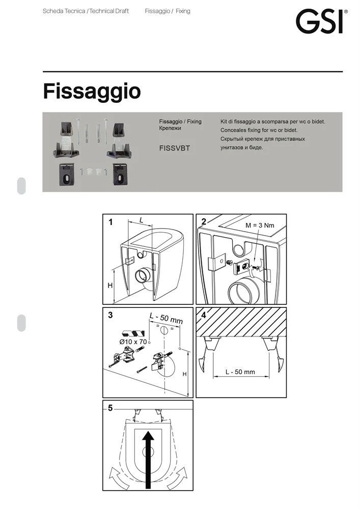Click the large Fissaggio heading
click(x=92, y=92)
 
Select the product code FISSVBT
click(x=174, y=148)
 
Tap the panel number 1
click(x=110, y=222)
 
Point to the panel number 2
click(x=204, y=221)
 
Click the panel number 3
click(x=110, y=315)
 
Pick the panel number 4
click(x=204, y=315)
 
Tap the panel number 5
click(x=110, y=408)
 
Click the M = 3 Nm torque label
click(x=260, y=225)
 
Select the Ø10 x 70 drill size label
click(x=133, y=342)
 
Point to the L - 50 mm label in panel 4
click(x=240, y=372)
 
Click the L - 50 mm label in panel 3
click(x=166, y=319)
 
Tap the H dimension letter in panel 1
click(x=110, y=286)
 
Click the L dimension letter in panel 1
click(x=141, y=220)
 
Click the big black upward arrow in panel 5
click(x=148, y=459)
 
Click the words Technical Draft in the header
click(x=109, y=11)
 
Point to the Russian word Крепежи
click(x=170, y=128)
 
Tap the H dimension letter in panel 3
click(x=184, y=374)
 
